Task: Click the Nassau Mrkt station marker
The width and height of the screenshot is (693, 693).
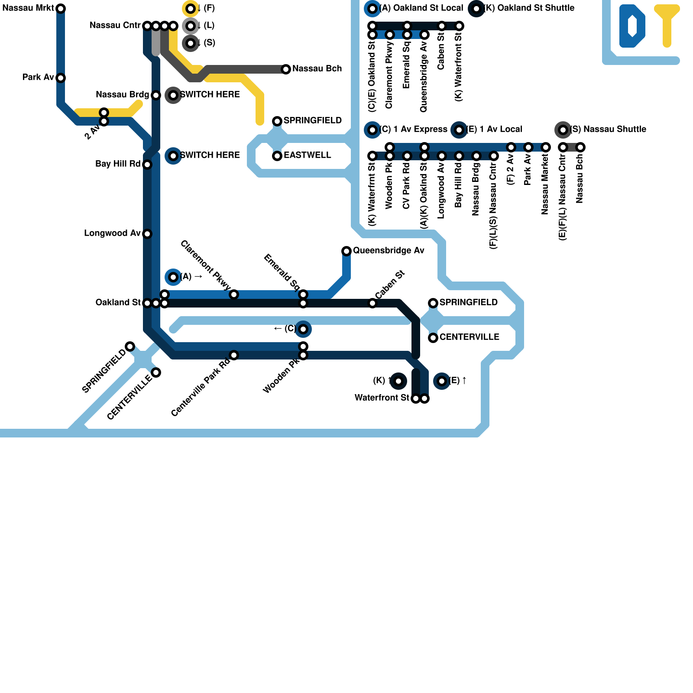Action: (61, 9)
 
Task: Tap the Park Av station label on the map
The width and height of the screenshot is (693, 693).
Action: (38, 78)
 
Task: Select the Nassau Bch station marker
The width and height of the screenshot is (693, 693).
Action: (286, 69)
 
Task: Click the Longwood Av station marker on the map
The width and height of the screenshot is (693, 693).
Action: (147, 234)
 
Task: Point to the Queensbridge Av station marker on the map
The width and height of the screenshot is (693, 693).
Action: (346, 251)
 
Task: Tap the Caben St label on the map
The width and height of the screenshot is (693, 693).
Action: (389, 285)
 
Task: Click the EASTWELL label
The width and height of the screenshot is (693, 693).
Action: (307, 155)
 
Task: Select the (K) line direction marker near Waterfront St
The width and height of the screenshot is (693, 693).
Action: (398, 381)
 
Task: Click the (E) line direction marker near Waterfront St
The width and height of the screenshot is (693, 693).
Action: (442, 381)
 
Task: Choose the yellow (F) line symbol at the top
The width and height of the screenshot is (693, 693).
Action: (191, 9)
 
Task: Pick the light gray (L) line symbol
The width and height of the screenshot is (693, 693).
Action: (191, 26)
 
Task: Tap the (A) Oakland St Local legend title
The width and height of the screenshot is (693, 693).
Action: (421, 8)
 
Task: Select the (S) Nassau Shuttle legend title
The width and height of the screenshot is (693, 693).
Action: (608, 130)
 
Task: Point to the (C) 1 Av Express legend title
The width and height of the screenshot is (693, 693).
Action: (413, 130)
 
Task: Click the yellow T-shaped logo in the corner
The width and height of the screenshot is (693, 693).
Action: (667, 24)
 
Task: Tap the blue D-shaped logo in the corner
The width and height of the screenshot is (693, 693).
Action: (632, 26)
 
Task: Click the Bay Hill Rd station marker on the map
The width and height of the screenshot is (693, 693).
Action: (147, 165)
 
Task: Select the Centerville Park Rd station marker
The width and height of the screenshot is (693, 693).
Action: (234, 355)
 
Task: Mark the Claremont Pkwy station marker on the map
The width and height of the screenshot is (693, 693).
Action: (234, 295)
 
